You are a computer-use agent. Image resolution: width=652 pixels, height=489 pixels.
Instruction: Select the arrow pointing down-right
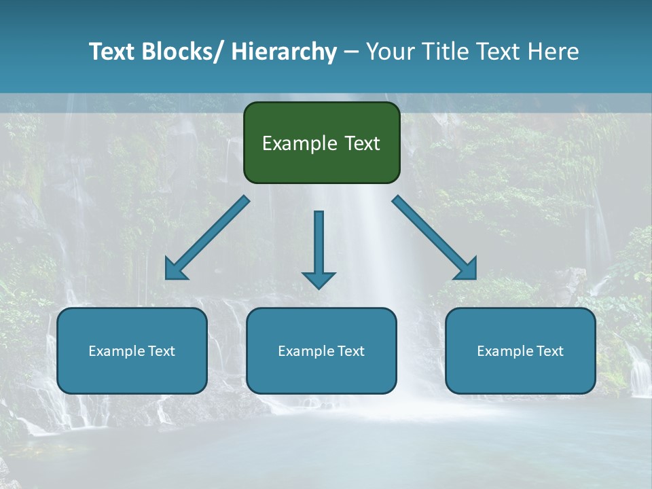point(431,235)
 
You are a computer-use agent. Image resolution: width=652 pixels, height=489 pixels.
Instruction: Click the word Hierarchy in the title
point(284,52)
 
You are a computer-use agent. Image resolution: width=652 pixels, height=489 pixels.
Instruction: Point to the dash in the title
point(351,52)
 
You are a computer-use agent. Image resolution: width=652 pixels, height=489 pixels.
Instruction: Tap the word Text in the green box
point(361,144)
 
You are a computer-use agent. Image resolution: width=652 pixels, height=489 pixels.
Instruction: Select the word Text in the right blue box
point(549,351)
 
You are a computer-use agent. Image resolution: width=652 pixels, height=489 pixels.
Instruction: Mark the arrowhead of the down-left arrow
point(175,270)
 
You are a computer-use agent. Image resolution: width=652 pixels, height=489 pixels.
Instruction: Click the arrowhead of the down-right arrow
point(467,270)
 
